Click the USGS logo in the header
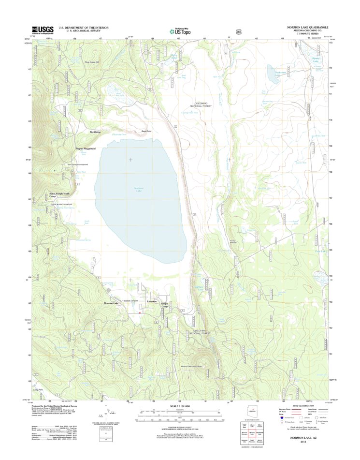click(43, 30)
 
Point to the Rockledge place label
click(95, 132)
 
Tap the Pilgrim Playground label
click(86, 148)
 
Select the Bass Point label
click(146, 131)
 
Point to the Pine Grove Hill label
click(91, 62)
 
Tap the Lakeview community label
click(152, 301)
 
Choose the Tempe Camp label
click(165, 305)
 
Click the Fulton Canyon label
click(131, 301)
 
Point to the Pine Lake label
click(321, 251)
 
